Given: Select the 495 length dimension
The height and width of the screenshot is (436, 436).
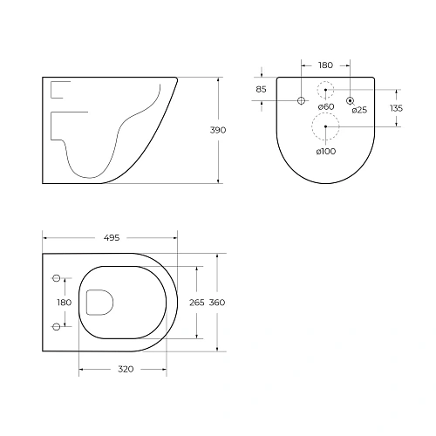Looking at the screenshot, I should pyautogui.click(x=111, y=237).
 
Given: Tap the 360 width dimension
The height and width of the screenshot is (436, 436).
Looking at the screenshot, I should pyautogui.click(x=217, y=302).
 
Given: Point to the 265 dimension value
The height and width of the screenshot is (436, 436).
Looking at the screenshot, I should pyautogui.click(x=196, y=302).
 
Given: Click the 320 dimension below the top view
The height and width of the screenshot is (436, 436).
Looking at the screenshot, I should pyautogui.click(x=125, y=369).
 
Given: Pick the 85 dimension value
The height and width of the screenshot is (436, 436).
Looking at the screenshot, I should pyautogui.click(x=261, y=89).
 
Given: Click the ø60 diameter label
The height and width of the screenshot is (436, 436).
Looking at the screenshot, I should pyautogui.click(x=325, y=107).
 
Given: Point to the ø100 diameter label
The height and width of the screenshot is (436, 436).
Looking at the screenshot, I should pyautogui.click(x=325, y=152).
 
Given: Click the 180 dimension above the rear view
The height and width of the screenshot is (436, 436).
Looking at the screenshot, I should pyautogui.click(x=325, y=64).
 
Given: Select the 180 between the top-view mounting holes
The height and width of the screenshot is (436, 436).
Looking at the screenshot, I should pyautogui.click(x=63, y=302).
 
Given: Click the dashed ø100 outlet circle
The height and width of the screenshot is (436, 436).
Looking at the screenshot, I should pyautogui.click(x=325, y=127).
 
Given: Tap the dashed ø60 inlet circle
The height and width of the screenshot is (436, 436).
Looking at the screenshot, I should pyautogui.click(x=325, y=89).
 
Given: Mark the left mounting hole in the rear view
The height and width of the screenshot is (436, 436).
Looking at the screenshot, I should pyautogui.click(x=301, y=101).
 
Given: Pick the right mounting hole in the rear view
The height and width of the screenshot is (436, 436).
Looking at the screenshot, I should pyautogui.click(x=350, y=101).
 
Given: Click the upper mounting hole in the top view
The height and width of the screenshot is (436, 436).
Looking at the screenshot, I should pyautogui.click(x=58, y=278).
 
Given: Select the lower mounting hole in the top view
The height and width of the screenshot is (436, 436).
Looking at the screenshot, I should pyautogui.click(x=58, y=326).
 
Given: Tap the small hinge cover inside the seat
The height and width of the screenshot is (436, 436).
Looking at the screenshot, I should pyautogui.click(x=99, y=302).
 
